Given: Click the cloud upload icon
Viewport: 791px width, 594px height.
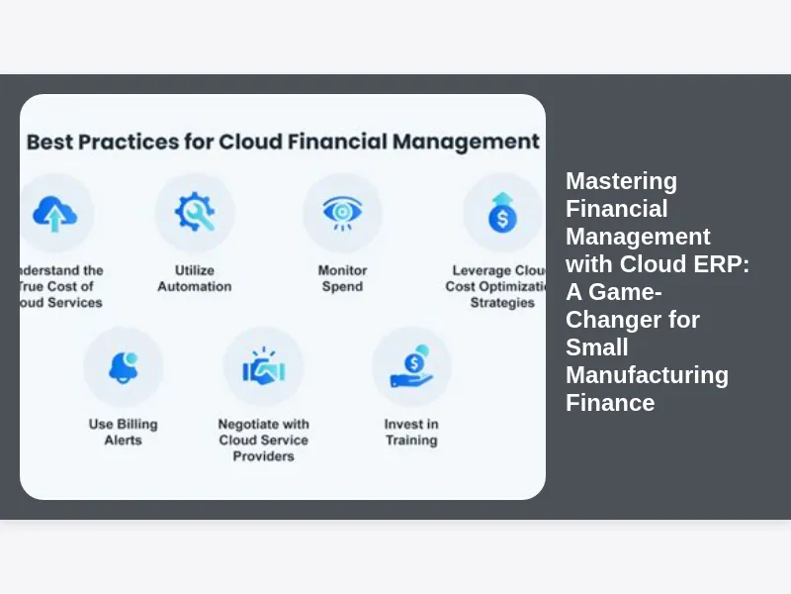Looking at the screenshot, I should (x=54, y=213).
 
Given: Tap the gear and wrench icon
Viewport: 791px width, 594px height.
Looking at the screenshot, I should (x=195, y=213).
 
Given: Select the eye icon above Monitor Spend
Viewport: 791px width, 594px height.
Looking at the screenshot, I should (x=342, y=212).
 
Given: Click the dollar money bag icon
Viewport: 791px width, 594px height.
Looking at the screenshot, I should (x=502, y=213).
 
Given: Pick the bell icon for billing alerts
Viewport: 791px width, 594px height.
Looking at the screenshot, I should (x=124, y=367).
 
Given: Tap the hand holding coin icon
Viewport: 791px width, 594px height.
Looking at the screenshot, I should (x=411, y=367).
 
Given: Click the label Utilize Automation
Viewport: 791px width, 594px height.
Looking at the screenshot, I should (x=195, y=278).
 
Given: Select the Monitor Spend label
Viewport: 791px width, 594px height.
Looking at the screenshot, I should (x=342, y=278).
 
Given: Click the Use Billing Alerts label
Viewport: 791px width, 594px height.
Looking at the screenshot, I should (x=124, y=433).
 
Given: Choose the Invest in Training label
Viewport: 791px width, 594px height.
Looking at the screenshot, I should (x=411, y=433).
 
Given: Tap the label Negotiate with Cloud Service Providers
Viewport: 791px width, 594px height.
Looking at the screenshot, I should (x=263, y=441).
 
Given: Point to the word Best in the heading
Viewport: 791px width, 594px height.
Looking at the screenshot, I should (x=50, y=142).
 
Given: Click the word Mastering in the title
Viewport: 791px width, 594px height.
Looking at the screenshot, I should (x=621, y=181).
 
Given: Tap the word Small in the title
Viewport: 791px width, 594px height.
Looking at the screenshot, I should (x=596, y=347).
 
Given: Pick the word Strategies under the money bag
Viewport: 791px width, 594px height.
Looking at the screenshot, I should (x=502, y=303).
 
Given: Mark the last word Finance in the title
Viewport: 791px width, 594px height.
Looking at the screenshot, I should (x=610, y=403).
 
